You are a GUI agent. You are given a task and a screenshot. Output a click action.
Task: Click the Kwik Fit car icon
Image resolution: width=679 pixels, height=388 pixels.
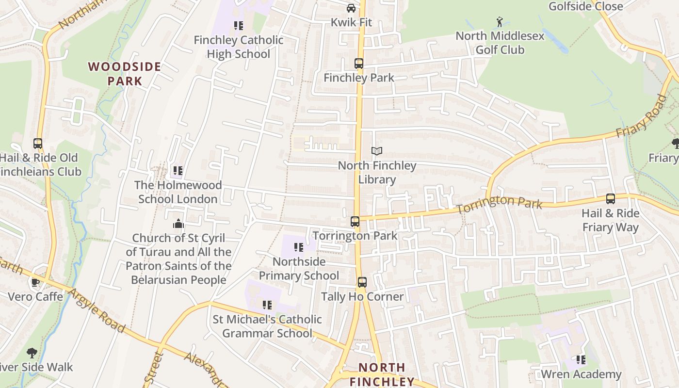click(351, 8)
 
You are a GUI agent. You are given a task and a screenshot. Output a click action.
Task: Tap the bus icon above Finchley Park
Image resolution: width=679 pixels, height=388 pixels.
click(358, 64)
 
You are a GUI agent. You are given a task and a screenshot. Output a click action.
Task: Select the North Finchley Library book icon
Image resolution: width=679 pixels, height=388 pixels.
click(377, 151)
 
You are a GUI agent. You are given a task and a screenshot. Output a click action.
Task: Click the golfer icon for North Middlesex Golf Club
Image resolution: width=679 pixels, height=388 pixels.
click(500, 22)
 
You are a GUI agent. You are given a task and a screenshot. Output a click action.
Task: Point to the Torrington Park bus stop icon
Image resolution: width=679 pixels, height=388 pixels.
click(355, 222)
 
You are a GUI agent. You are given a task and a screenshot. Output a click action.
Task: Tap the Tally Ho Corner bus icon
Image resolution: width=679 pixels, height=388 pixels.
click(362, 282)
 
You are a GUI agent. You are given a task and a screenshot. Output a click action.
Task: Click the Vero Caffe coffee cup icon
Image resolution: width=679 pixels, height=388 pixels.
click(35, 282)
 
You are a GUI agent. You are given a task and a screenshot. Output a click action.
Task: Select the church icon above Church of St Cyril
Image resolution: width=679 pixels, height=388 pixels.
click(178, 224)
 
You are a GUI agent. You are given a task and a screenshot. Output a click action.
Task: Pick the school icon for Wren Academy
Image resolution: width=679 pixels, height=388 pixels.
click(581, 360)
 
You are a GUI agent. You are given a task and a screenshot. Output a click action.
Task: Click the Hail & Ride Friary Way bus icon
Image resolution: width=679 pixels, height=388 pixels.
click(610, 199)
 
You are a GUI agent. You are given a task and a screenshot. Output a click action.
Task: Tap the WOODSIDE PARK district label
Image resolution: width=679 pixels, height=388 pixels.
click(124, 74)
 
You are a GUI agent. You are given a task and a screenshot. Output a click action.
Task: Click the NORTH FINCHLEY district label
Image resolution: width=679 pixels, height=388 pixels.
click(382, 374)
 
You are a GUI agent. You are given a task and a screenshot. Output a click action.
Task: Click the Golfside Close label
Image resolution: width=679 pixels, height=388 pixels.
click(585, 6)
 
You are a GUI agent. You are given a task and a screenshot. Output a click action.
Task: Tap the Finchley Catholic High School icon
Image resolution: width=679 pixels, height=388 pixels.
click(238, 25)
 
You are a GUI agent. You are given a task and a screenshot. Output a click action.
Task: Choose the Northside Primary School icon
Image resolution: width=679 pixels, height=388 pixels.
click(298, 247)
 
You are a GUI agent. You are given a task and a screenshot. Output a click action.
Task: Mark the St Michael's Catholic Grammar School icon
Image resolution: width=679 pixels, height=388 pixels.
click(267, 305)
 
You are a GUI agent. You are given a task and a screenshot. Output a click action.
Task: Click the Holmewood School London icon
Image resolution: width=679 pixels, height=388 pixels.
click(178, 171)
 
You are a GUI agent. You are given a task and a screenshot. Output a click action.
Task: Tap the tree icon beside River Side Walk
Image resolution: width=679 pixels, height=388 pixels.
click(32, 353)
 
